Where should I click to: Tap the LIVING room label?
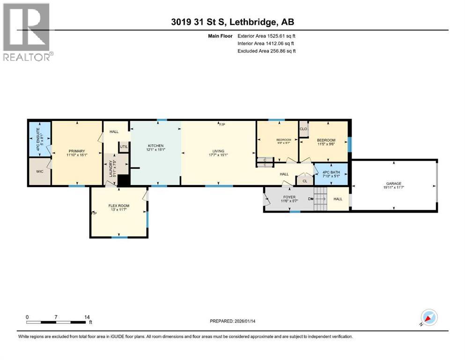218,151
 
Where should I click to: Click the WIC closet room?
39,172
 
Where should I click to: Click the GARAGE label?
393,184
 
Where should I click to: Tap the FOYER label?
289,197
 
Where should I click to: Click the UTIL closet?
124,147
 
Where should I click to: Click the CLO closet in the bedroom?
303,129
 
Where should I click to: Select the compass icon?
428,318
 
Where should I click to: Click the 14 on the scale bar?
87,317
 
